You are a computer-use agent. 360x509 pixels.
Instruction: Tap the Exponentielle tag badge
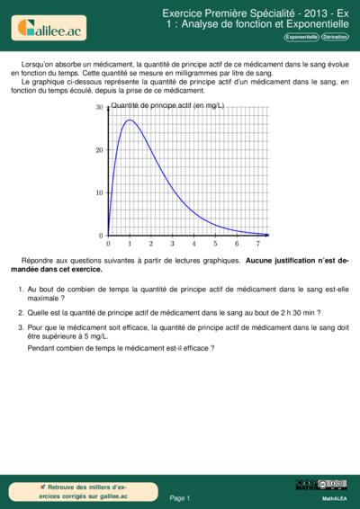(301, 38)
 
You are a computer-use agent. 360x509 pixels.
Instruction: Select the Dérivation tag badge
(335, 38)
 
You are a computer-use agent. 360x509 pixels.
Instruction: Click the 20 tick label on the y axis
(100, 150)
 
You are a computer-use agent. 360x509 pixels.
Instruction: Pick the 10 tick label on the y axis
(100, 193)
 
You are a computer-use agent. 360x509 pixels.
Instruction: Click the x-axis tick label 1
(130, 244)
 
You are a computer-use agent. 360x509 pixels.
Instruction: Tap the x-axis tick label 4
(193, 244)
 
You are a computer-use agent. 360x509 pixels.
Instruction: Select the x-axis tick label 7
(257, 244)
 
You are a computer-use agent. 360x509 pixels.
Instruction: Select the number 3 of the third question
(21, 328)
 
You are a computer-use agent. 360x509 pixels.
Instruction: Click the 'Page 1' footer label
(180, 497)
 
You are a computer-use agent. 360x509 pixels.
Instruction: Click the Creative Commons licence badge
(332, 485)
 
